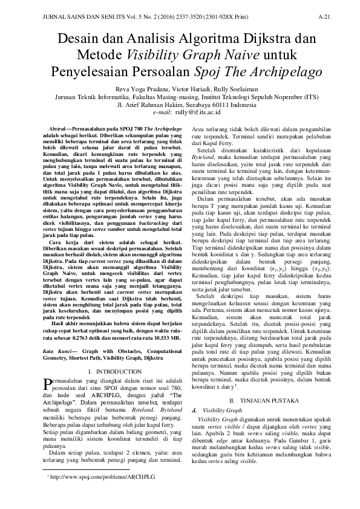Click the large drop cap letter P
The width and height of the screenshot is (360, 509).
point(50,384)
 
